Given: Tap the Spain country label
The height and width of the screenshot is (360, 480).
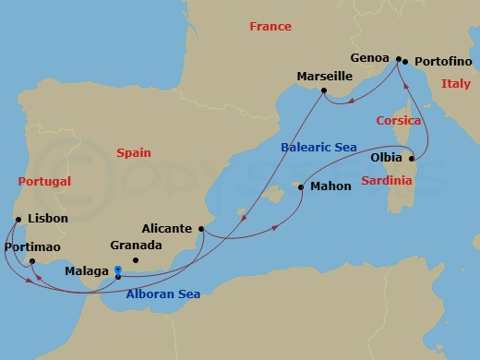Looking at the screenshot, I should click(x=133, y=153).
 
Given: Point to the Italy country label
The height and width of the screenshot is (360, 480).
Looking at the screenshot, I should click(x=455, y=84).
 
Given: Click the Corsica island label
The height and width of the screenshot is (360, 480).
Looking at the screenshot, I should click(x=398, y=121).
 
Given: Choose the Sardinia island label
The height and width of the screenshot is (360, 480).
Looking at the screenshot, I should click(x=386, y=181).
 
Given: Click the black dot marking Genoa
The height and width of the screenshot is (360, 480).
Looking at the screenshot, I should click(x=398, y=59).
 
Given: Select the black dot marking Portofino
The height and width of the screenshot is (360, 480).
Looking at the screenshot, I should click(x=405, y=62).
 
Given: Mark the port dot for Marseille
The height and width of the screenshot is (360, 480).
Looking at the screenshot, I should click(x=323, y=90).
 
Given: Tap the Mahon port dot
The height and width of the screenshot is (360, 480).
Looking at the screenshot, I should click(x=298, y=186).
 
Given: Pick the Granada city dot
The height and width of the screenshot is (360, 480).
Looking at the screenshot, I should click(x=135, y=261).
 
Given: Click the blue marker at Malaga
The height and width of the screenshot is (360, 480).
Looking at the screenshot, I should click(x=117, y=271).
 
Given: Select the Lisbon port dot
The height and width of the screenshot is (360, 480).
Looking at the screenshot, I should click(x=18, y=219).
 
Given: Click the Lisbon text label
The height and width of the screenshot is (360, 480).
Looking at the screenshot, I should click(x=48, y=219).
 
